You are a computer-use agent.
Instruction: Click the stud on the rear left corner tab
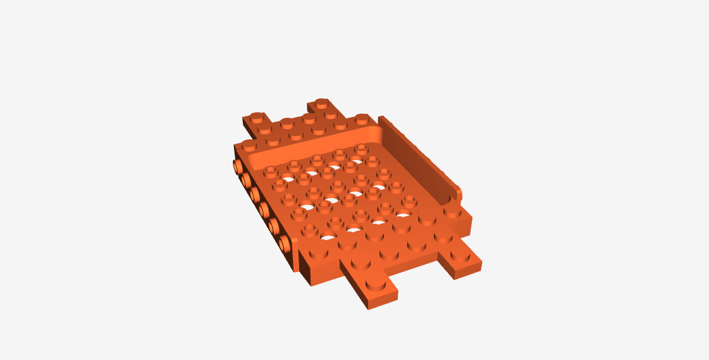(x=256, y=118)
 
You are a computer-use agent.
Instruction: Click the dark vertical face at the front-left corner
(x=305, y=269)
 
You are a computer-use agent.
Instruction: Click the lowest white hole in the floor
(x=328, y=238)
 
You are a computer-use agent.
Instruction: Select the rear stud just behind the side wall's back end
(x=361, y=118)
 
